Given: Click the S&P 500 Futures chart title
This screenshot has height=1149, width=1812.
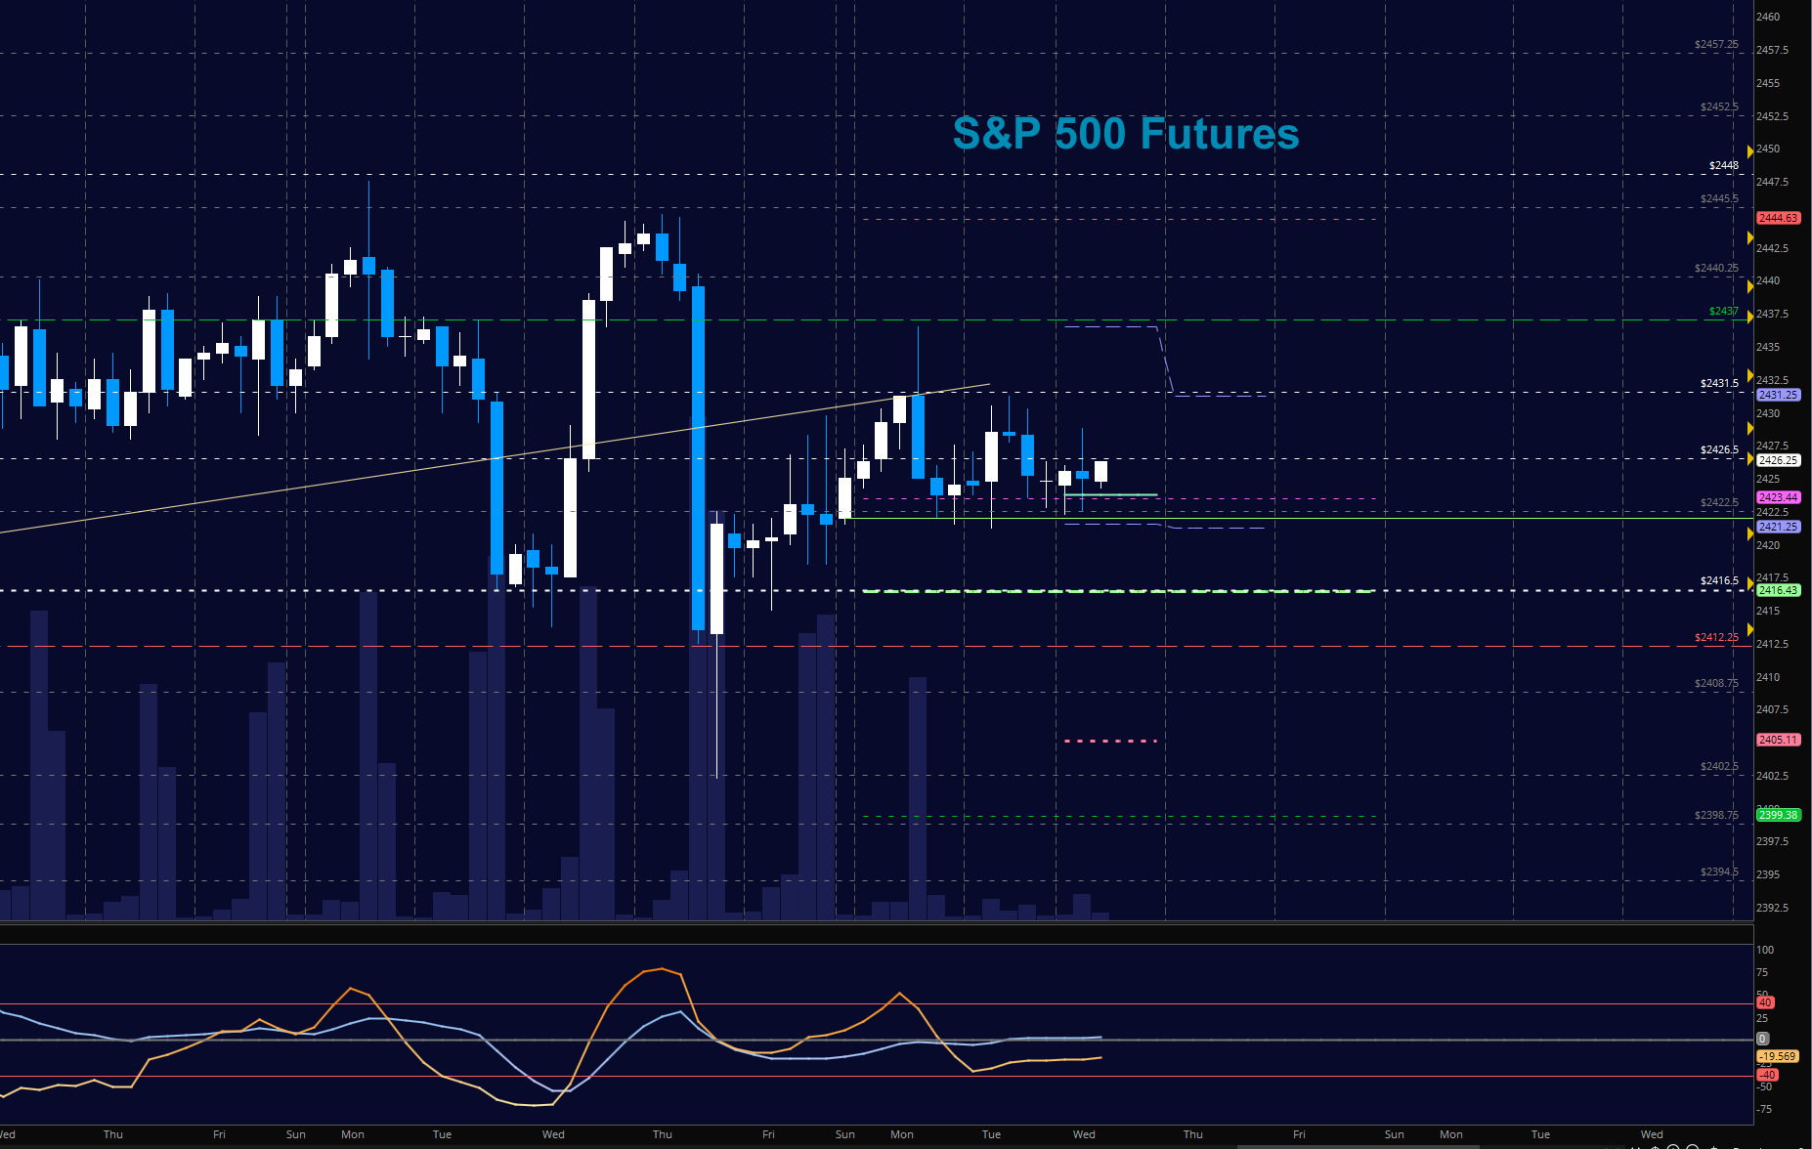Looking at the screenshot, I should coord(1126,134).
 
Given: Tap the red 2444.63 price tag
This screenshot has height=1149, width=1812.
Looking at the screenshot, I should coord(1778,218).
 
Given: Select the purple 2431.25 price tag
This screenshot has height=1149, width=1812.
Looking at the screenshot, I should coord(1778,395).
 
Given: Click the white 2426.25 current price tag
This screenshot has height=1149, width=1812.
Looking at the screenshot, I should coord(1778,460).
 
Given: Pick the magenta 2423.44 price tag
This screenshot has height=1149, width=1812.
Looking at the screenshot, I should coord(1778,497).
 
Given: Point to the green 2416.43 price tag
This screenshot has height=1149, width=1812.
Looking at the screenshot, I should coord(1778,590).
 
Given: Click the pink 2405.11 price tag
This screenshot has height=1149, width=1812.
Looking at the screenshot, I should coord(1778,740).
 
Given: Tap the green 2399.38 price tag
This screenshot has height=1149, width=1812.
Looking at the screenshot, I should coord(1778,815).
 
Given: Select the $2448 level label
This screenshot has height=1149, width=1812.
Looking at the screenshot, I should coord(1723,166).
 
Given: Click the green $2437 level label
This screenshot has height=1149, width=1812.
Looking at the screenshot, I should coord(1723,312).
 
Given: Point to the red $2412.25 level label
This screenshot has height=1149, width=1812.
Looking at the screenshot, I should coord(1716,638).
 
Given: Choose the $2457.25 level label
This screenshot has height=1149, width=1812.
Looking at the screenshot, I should coord(1716,45).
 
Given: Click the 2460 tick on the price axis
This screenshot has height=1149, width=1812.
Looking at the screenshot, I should coord(1768,17).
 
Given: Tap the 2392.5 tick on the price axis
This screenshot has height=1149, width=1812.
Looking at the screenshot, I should coord(1772,908).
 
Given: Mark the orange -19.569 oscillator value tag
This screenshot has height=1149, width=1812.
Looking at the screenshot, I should coord(1777,1056).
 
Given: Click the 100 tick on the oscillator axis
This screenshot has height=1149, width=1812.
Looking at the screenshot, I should coord(1765,950).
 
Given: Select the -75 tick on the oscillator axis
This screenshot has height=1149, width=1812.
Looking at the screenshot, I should coord(1764,1109).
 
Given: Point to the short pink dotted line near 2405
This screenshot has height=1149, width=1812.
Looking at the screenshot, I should coord(1110,742).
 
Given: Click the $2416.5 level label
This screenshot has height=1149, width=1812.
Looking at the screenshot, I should coord(1719,581).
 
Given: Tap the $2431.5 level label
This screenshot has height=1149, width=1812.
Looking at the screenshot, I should coord(1719,384).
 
